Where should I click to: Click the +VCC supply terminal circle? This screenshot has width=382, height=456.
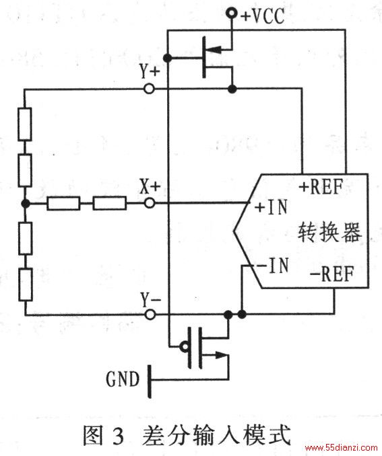[x=232, y=13]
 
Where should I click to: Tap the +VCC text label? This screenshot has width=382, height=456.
[x=263, y=15]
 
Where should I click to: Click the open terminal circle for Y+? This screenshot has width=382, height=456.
[x=149, y=88]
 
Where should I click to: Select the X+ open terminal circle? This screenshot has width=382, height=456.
[x=150, y=202]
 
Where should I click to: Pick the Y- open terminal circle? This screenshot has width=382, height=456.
[x=150, y=314]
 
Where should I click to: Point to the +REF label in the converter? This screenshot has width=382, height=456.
[x=321, y=186]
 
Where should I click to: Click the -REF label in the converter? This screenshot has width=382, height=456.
[x=332, y=273]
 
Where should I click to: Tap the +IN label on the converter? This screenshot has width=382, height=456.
[x=272, y=206]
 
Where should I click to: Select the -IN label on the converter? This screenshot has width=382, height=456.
[x=274, y=265]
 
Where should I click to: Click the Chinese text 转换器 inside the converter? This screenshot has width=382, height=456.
[x=329, y=232]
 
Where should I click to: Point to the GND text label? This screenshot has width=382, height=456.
[x=123, y=379]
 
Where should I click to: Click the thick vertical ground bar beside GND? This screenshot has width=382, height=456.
[x=150, y=381]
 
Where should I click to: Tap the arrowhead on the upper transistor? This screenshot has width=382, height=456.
[x=214, y=50]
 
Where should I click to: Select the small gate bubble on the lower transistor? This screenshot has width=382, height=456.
[x=184, y=346]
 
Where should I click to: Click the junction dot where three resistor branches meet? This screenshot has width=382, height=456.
[x=26, y=203]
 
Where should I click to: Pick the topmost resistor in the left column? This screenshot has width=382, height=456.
[x=25, y=124]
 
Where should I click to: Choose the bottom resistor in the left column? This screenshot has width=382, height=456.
[x=26, y=284]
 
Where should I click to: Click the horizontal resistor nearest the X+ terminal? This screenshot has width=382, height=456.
[x=110, y=203]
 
